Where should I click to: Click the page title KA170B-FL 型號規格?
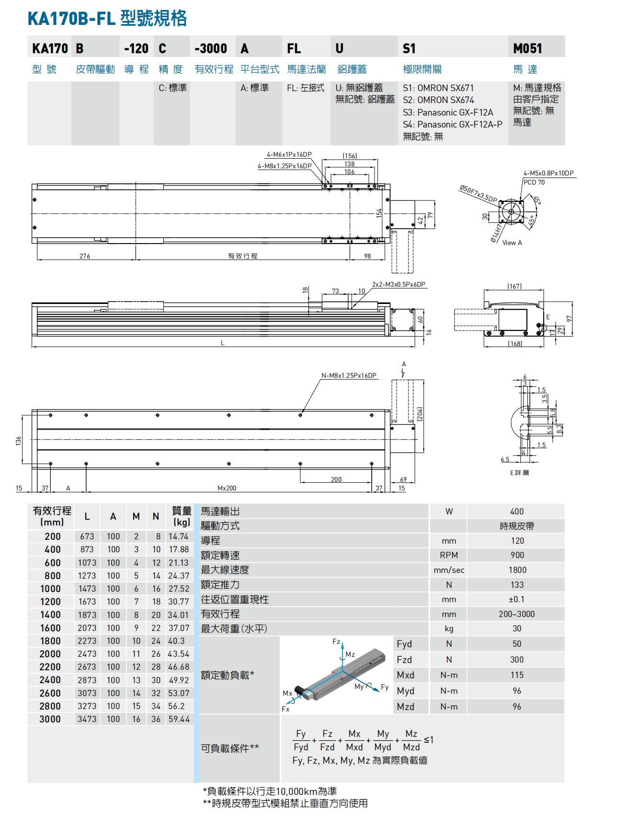point(107,19)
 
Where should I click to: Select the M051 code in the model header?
point(527,48)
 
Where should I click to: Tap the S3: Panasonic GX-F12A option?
point(448,112)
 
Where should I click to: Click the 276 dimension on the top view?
point(85,256)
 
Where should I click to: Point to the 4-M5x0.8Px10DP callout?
point(549,173)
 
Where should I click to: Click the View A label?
point(512,243)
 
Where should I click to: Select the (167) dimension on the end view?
point(515,286)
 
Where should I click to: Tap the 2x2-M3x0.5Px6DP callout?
point(399,284)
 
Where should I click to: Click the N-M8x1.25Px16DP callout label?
point(349,375)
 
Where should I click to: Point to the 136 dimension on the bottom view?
point(18,440)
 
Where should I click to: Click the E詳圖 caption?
point(519,473)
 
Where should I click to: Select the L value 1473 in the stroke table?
point(87,589)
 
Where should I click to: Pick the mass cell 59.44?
point(179,719)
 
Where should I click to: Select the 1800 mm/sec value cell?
point(517,570)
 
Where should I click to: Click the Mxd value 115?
point(517,675)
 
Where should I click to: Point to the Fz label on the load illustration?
point(336,641)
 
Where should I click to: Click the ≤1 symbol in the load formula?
point(429,740)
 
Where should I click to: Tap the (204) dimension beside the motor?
point(420,414)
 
